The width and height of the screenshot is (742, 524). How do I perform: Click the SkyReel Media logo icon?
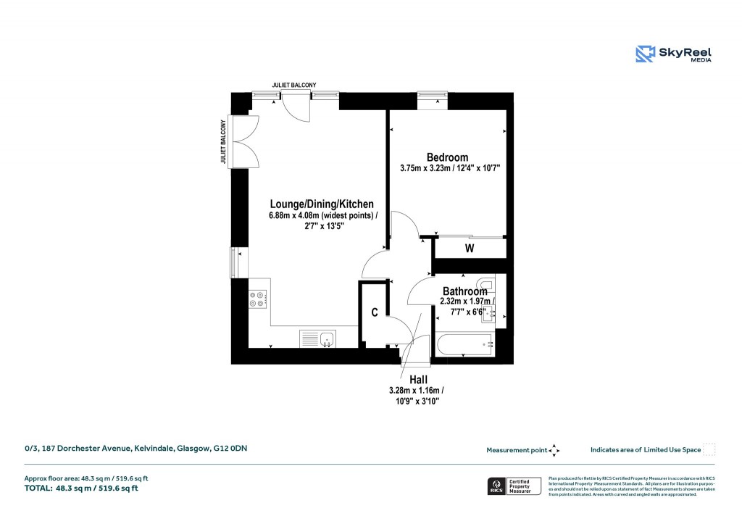[x=645, y=54]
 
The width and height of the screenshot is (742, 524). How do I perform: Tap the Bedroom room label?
[x=447, y=157]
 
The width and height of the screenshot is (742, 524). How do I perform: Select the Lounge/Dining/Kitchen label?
[x=322, y=204]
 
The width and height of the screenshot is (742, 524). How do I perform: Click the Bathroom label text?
[x=464, y=291]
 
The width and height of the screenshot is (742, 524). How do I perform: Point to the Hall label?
[x=418, y=380]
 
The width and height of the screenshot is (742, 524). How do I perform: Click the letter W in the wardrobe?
[x=470, y=249]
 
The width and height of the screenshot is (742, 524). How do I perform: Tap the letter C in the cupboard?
[x=375, y=313]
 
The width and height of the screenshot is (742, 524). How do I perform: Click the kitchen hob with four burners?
[x=258, y=299]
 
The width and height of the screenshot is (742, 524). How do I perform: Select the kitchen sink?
[x=318, y=338]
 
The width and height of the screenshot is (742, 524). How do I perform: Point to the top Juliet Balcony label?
[x=294, y=85]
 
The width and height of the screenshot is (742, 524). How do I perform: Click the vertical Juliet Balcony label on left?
[x=224, y=141]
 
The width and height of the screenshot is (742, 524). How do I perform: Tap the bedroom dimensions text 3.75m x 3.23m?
[x=450, y=168]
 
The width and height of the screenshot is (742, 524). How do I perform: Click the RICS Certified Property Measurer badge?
[x=514, y=486]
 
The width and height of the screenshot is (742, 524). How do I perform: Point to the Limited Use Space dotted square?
[x=709, y=449]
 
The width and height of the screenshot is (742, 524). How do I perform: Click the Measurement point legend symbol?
[x=554, y=450]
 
